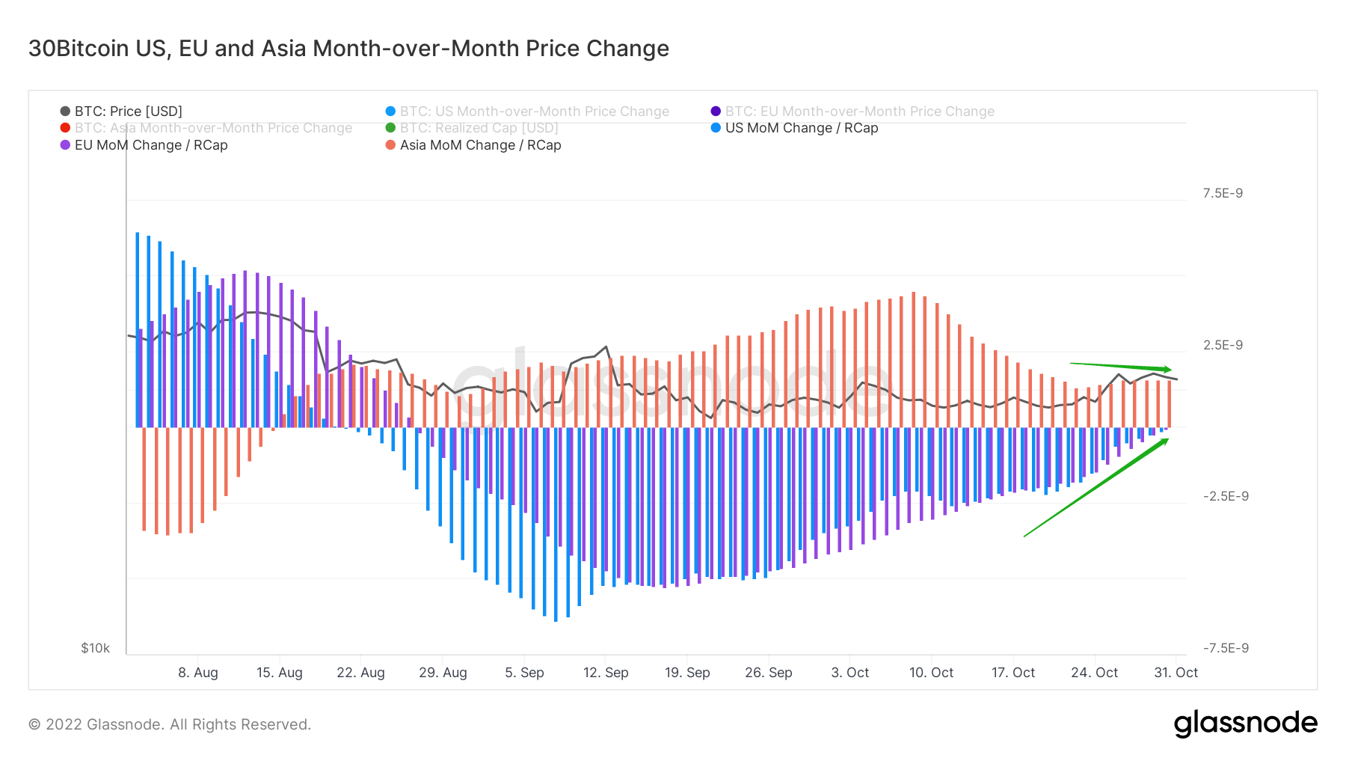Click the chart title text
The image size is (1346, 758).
[x=348, y=49]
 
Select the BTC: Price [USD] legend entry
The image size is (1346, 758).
[x=128, y=111]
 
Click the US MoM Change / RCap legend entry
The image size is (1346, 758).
[x=801, y=128]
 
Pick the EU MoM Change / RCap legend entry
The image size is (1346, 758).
[x=150, y=145]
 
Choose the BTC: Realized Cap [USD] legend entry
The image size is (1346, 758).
[x=479, y=128]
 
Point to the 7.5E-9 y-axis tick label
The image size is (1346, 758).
[x=1223, y=193]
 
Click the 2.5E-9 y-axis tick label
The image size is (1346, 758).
[x=1223, y=345]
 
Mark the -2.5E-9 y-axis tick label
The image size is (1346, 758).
[x=1225, y=496]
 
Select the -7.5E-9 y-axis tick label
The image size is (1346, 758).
[x=1225, y=648]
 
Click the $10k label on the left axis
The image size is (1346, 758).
[x=96, y=648]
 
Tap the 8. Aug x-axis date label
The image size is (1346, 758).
[x=198, y=673]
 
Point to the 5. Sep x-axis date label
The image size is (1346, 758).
[x=524, y=673]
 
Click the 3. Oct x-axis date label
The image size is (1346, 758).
[x=850, y=673]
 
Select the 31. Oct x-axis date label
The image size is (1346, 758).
[x=1176, y=673]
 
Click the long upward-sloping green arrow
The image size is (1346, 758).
[x=1095, y=488]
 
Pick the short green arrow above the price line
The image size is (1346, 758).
[x=1120, y=367]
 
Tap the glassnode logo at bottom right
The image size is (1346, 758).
[x=1245, y=724]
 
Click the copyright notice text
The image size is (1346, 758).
[x=170, y=724]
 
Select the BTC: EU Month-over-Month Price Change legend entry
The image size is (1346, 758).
[x=859, y=111]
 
